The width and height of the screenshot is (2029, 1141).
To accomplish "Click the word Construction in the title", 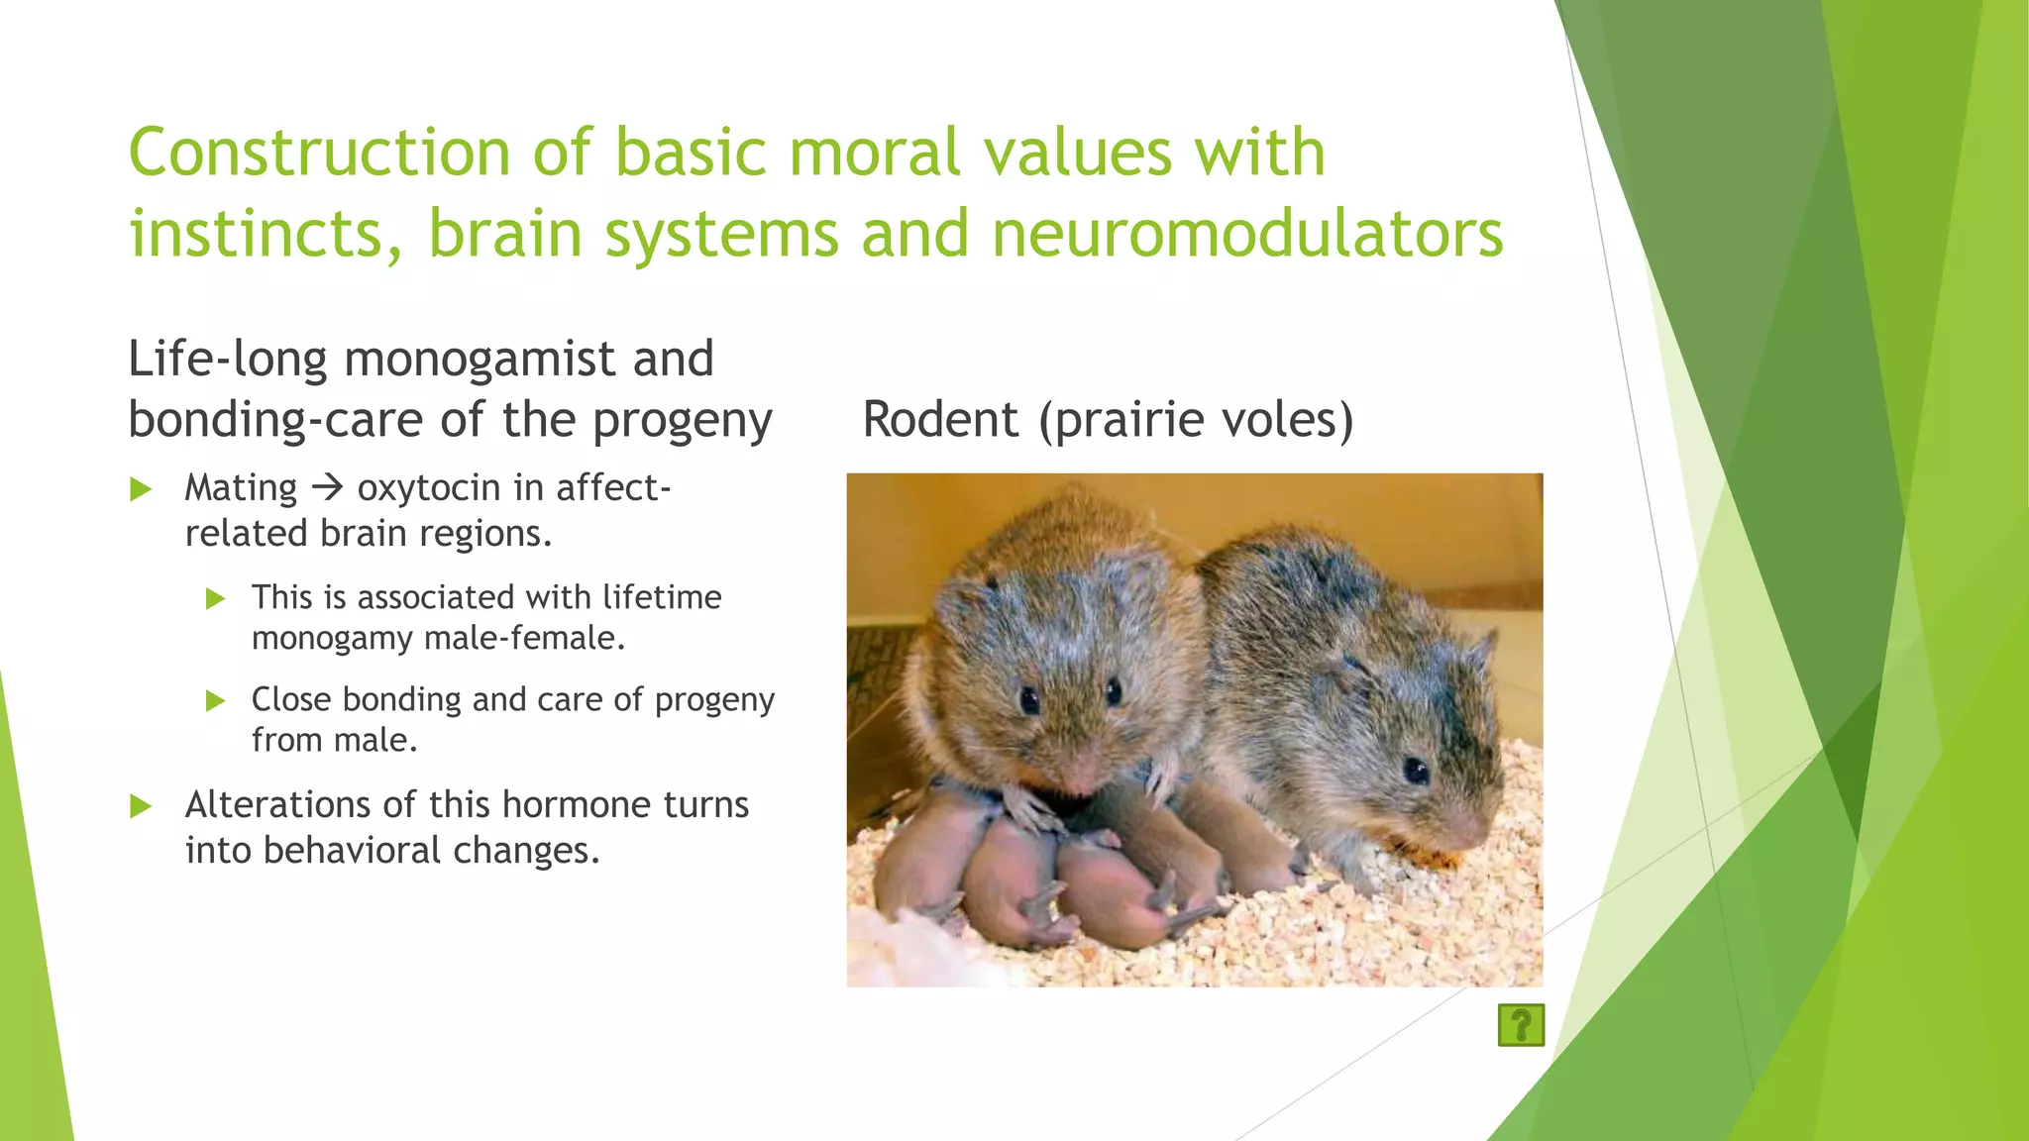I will click(319, 154).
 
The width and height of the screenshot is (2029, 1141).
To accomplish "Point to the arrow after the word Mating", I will click(327, 488).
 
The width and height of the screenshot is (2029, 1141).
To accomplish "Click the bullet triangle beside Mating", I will click(141, 489).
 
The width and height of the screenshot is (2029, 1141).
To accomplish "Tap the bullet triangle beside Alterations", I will click(141, 806).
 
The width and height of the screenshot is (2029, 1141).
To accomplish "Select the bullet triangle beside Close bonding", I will click(215, 701).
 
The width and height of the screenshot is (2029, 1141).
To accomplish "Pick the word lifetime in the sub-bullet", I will click(661, 597).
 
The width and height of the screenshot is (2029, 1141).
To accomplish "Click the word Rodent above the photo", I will click(939, 420).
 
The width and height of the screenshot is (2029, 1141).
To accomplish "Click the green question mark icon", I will click(1521, 1025).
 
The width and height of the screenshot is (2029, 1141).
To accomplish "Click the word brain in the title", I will click(504, 235).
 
